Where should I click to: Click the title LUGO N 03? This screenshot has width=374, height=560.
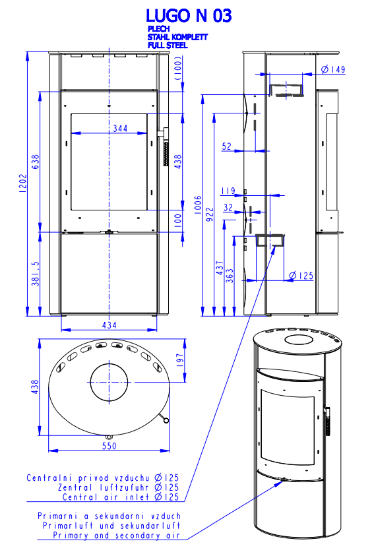coord(189,16)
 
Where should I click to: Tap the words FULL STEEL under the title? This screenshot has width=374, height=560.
coord(168,46)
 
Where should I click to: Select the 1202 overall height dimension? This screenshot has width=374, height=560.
coord(23,183)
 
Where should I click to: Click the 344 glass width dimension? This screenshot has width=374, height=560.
coord(120,128)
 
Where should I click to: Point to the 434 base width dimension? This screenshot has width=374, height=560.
coord(109,325)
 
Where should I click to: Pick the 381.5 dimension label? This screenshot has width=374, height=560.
coord(36,274)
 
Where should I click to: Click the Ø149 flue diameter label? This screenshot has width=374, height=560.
coord(333,69)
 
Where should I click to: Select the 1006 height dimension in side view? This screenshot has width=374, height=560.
coord(198,205)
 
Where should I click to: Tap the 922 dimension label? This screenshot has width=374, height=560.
coord(210,214)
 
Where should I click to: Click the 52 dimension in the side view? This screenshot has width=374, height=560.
coord(227,146)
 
